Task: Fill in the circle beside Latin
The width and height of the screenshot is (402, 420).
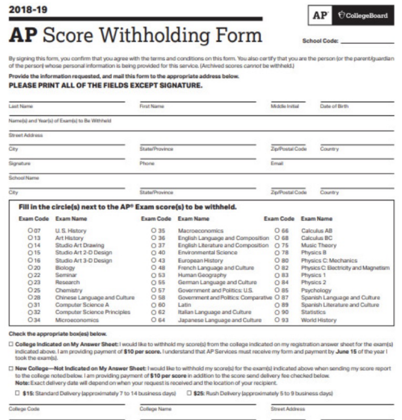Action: coord(154,305)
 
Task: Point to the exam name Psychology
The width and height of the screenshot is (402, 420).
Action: coord(316,290)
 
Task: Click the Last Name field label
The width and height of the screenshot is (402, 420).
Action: coord(20,106)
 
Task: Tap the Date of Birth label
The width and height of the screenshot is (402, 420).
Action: coord(334,106)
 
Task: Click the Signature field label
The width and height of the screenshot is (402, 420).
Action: coord(20,163)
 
